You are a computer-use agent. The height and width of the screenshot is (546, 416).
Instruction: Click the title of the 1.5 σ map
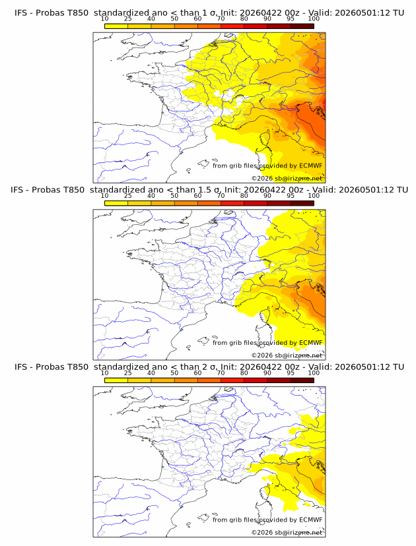coord(208,190)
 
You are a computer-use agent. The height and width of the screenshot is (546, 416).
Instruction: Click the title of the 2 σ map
coord(208,367)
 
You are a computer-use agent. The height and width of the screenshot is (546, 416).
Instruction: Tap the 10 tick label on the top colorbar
coord(105,19)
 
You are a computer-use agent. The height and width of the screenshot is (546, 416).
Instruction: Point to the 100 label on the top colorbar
coord(314,19)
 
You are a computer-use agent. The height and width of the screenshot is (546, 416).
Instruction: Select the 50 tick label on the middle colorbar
coord(174,196)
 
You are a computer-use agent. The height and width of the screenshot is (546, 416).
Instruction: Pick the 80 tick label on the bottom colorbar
coord(244,373)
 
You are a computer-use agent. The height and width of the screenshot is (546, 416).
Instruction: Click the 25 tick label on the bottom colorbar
coord(128,373)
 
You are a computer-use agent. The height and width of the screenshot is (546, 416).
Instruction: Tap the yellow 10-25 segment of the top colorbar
coord(116,26)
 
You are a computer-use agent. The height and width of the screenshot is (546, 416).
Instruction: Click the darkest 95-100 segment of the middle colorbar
coord(302,202)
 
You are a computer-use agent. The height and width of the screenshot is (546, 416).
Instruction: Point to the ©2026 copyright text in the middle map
coord(287,355)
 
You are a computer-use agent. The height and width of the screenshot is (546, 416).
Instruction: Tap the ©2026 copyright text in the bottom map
coord(287,531)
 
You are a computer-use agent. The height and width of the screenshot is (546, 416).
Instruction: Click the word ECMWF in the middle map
coord(310,343)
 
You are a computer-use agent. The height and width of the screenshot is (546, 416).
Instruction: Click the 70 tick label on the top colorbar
coord(221,19)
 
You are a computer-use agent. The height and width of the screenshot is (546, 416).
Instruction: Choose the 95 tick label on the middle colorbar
coord(291,196)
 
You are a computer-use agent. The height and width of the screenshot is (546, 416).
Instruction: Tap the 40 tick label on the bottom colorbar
coord(151,373)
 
